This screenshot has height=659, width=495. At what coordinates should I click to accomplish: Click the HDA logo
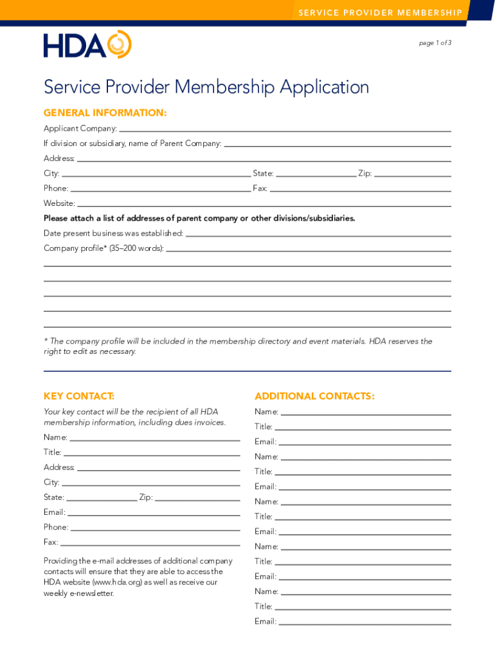point(87,44)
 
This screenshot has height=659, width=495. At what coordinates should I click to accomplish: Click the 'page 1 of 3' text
point(435,43)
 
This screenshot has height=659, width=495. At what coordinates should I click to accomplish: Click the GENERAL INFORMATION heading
point(105,113)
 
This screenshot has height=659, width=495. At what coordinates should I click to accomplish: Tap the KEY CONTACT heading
point(79,396)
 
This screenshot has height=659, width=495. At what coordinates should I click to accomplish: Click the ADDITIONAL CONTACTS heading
point(314,396)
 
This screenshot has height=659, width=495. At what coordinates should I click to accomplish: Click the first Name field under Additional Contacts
point(366,412)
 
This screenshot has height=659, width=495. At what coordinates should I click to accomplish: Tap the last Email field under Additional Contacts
point(364,622)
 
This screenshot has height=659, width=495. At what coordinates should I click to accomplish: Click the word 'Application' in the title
point(324,87)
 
